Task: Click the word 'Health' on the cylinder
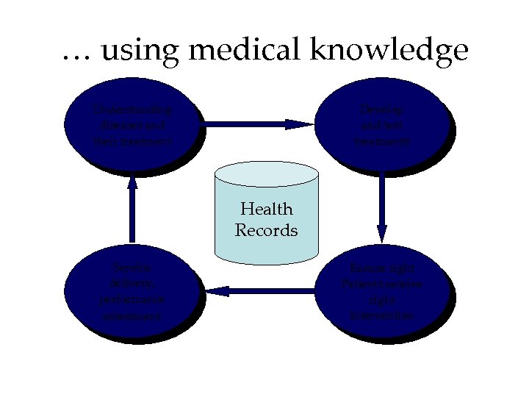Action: (266, 210)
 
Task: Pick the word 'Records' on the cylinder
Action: (266, 230)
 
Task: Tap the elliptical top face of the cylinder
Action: (266, 174)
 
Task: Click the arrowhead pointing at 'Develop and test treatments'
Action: (300, 124)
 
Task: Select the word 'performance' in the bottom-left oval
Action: (133, 301)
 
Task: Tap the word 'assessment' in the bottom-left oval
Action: (133, 317)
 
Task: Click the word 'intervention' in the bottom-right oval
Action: (382, 315)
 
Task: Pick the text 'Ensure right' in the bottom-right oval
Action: (382, 268)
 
